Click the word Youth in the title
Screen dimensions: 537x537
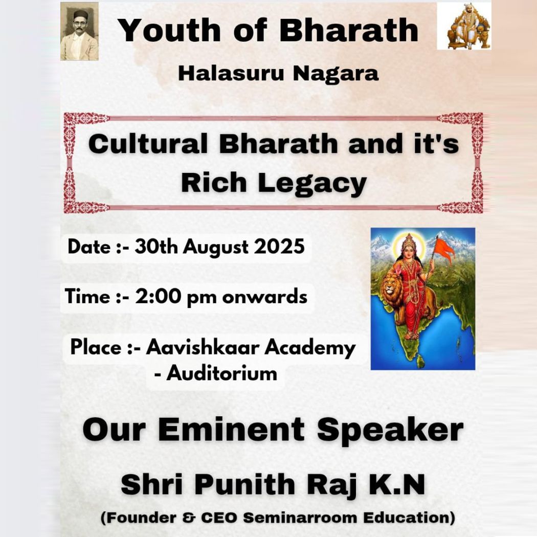coord(170,30)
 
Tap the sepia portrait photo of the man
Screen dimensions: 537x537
coord(79,32)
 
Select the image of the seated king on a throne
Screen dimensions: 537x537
coord(464,26)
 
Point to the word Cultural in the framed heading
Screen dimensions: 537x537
coord(148,144)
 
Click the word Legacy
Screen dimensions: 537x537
coord(312,184)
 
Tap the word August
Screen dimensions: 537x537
coord(215,247)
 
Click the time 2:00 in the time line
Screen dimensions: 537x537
coord(158,296)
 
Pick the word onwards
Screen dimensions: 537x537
coord(264,297)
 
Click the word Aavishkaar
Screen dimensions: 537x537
coord(203,347)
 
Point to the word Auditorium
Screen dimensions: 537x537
coord(221,373)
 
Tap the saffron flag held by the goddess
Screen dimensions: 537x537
coord(444,250)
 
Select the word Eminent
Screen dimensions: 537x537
coord(231,430)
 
